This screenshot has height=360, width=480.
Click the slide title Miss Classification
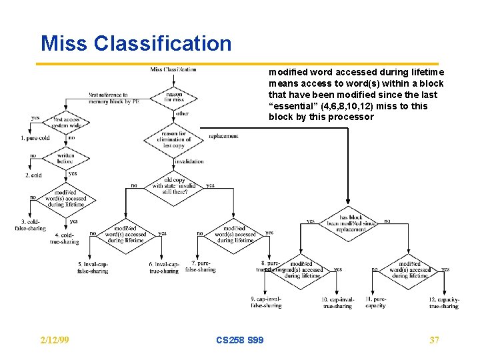coord(136,43)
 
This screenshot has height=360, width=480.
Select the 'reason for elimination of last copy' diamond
coord(173,139)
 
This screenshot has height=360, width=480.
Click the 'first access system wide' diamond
coord(67,123)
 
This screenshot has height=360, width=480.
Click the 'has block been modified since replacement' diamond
coord(349,221)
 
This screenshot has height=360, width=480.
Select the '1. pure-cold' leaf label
coord(35,138)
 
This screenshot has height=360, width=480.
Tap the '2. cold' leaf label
coord(33,175)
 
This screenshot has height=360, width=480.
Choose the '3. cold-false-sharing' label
coord(31,225)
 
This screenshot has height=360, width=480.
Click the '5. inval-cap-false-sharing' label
coord(93,268)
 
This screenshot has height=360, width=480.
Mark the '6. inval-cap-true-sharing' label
coord(164,268)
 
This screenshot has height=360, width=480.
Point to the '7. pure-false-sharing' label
coord(199,267)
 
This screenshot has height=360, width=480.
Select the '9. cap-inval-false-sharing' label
coord(266,302)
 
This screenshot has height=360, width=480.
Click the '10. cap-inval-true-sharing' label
coord(338,303)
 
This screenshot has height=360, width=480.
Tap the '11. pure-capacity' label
coord(375,303)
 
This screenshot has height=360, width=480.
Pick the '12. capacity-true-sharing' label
coord(444,303)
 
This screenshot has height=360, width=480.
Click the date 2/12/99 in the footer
coord(55,340)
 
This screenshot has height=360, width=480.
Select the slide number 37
coord(434,340)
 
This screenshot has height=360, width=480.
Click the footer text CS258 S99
coord(240,340)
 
